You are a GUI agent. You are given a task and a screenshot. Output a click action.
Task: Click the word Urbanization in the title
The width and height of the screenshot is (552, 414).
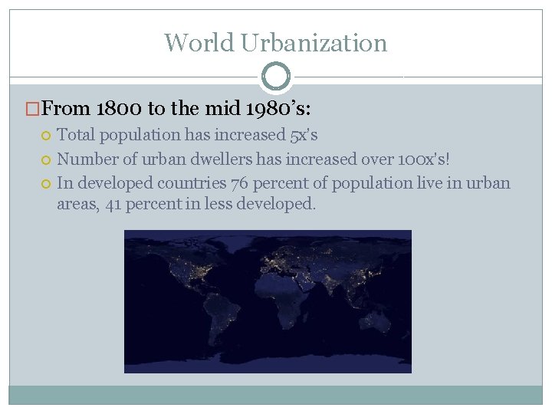pos(314,43)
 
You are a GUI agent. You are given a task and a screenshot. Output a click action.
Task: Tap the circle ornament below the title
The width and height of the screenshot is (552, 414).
pos(276,76)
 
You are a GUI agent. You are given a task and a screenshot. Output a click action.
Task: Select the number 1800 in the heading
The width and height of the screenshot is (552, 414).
pos(123,109)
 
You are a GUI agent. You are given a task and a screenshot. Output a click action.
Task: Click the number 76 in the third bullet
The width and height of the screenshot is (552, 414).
pos(240,183)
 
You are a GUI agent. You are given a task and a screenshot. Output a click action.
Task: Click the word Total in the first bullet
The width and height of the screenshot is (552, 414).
pos(75,135)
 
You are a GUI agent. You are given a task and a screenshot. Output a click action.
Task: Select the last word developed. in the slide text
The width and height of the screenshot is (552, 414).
pos(278,205)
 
